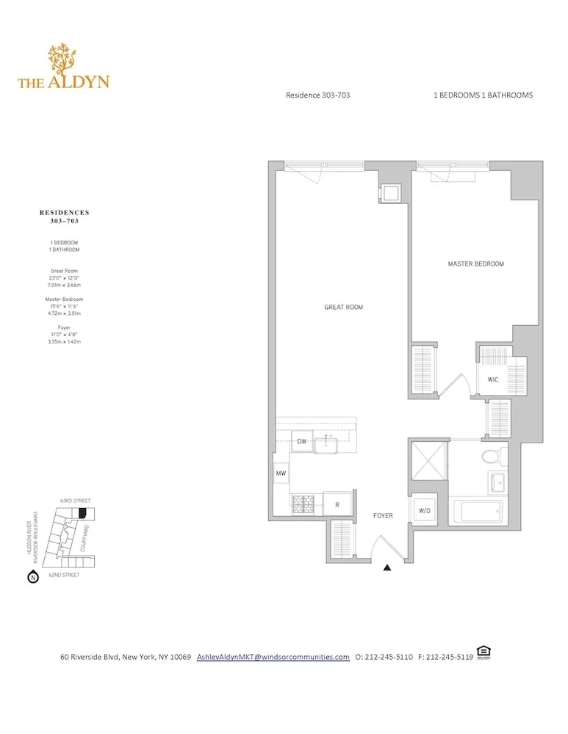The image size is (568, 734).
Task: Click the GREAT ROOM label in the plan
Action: click(x=344, y=307)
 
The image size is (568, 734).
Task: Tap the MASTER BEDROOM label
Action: click(x=475, y=264)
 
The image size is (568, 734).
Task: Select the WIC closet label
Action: click(x=493, y=379)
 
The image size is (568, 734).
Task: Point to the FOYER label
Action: click(x=382, y=516)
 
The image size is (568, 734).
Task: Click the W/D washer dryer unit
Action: click(x=425, y=511)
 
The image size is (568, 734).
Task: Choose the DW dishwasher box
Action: click(x=301, y=442)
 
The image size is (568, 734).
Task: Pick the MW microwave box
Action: click(x=281, y=474)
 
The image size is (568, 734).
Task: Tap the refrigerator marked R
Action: click(x=337, y=505)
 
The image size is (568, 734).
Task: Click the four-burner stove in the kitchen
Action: click(x=303, y=505)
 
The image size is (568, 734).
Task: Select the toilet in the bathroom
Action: click(x=492, y=455)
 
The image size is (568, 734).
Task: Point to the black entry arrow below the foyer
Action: click(x=387, y=567)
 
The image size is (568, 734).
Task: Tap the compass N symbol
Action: click(x=32, y=577)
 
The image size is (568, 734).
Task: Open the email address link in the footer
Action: click(x=273, y=657)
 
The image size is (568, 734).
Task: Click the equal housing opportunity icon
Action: click(x=483, y=652)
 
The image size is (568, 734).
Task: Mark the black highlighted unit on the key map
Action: click(x=82, y=512)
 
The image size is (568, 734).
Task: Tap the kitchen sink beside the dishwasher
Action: click(x=325, y=443)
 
